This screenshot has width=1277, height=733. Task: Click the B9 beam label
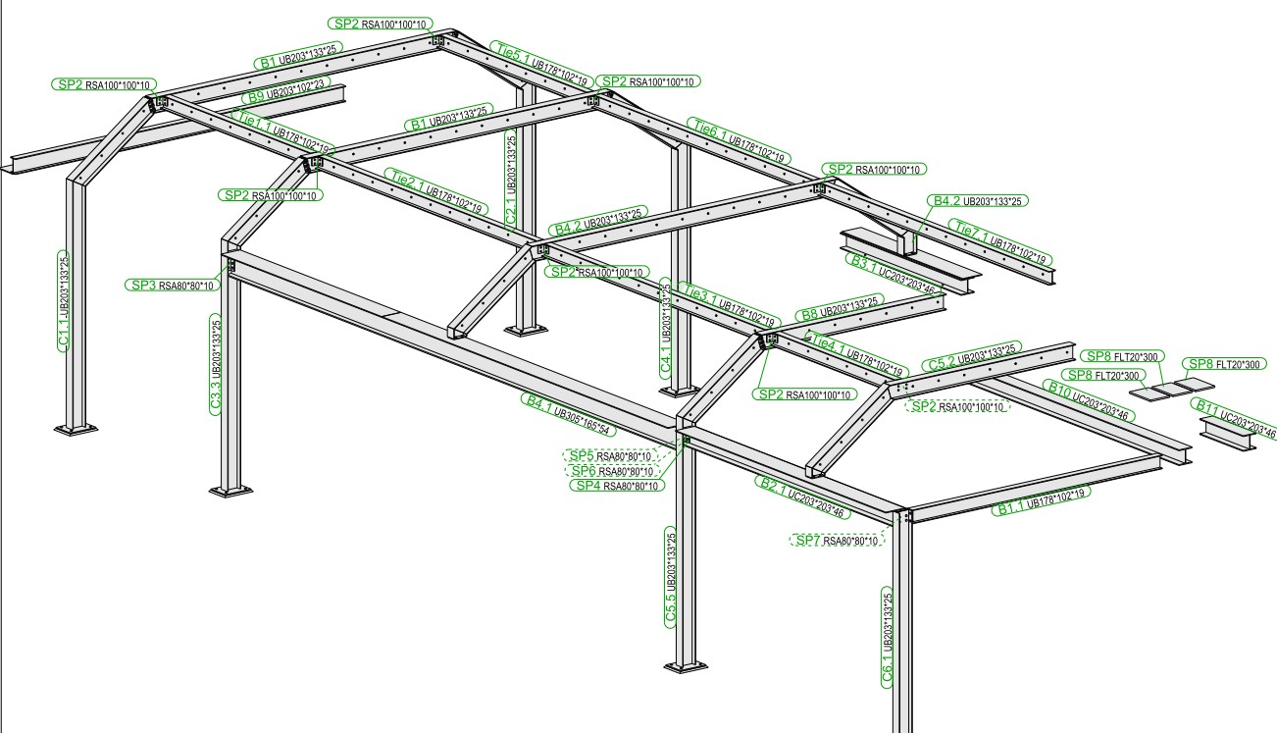pyautogui.click(x=254, y=96)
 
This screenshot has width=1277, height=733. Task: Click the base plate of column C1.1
pyautogui.click(x=76, y=429)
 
